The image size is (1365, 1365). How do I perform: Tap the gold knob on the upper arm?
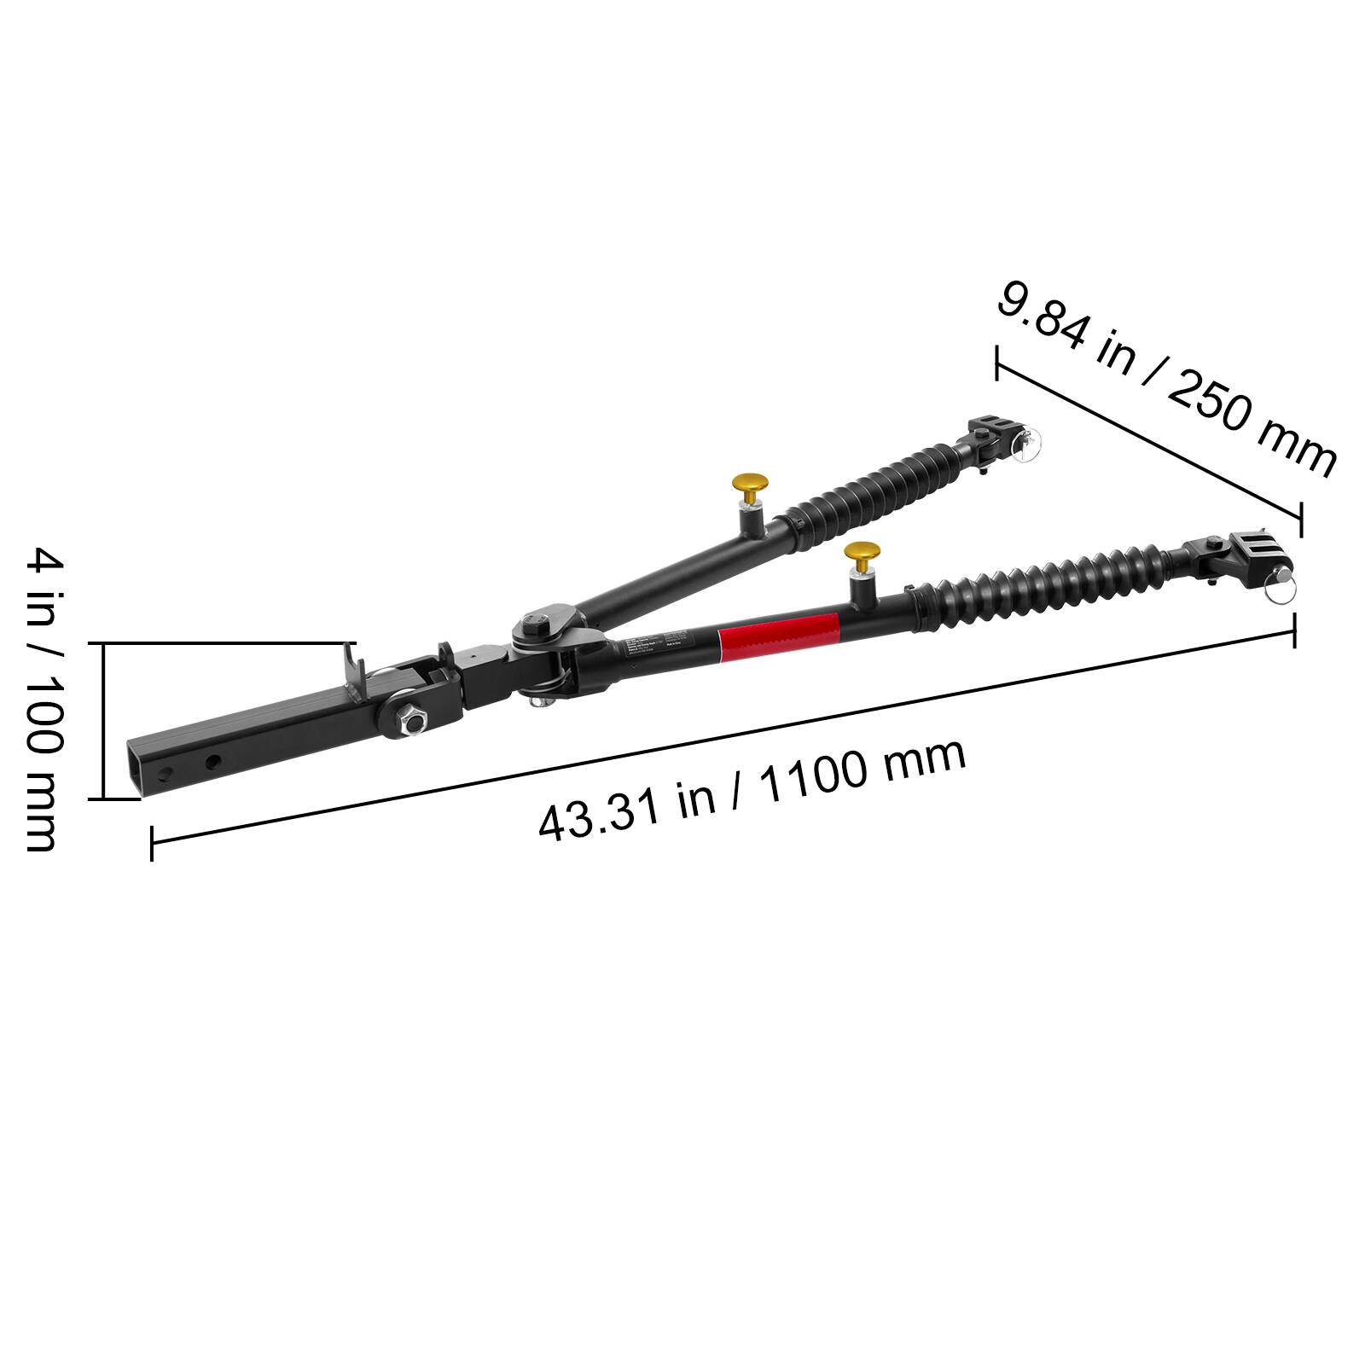pos(748,489)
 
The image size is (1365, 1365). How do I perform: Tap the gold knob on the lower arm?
pos(862,554)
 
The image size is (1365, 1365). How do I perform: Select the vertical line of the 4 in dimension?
pos(103,721)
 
